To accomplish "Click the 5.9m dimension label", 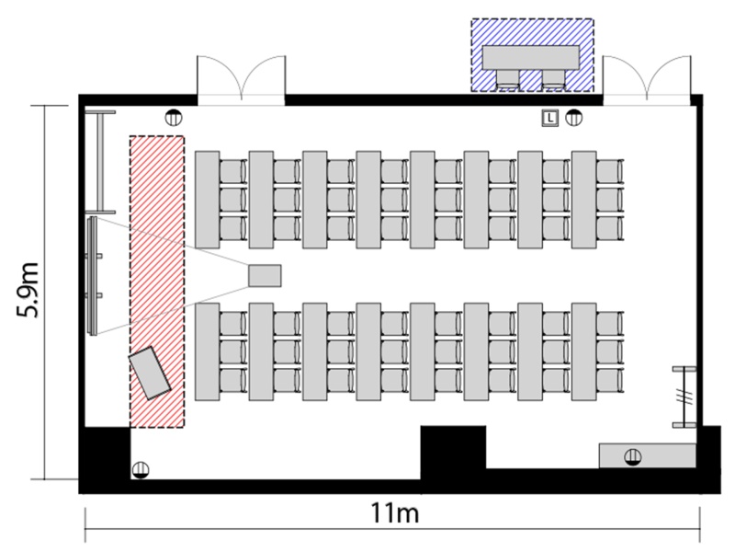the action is [x=28, y=291].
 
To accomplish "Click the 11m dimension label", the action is [x=395, y=512].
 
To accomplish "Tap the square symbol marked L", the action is [x=549, y=118].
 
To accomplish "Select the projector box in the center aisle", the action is [x=265, y=275].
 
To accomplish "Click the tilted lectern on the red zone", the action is [x=150, y=374].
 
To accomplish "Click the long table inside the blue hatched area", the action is [x=532, y=58].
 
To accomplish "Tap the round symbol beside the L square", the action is [x=573, y=118].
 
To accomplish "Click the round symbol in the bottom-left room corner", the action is [x=141, y=470].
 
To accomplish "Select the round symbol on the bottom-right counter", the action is [x=633, y=456].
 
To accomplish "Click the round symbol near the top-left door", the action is [x=174, y=118].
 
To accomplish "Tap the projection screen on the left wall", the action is [x=93, y=275].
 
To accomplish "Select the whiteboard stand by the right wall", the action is [x=684, y=397].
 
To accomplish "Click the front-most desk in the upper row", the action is [x=208, y=200].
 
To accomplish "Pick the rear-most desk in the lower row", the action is [x=584, y=351].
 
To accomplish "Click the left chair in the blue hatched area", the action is [x=508, y=79].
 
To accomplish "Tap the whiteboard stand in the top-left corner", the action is [x=100, y=162].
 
